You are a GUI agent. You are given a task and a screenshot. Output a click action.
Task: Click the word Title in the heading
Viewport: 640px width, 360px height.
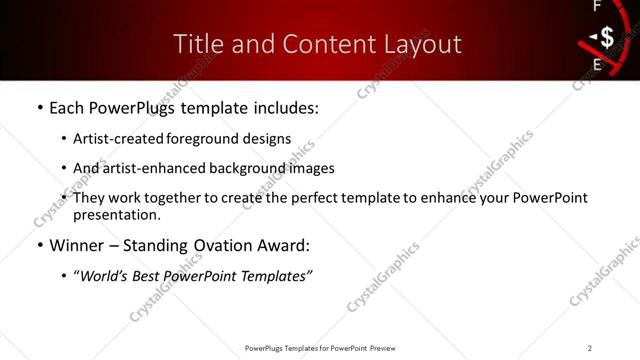click(197, 44)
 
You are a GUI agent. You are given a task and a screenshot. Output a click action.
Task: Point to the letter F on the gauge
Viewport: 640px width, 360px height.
click(597, 7)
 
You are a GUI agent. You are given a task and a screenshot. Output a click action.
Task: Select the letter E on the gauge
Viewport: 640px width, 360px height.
click(598, 66)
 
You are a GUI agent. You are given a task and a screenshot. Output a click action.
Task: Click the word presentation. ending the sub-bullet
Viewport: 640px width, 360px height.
click(117, 214)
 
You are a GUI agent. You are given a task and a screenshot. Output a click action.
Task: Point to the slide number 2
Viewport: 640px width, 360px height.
click(590, 347)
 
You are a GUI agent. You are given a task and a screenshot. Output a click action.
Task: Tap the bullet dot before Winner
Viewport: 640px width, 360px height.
click(39, 246)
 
